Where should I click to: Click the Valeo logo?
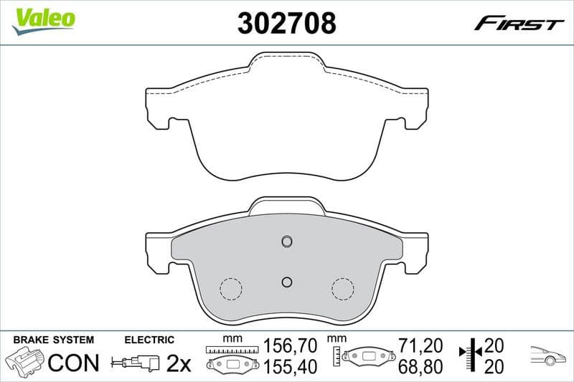tap(43, 19)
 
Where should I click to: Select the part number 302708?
tap(286, 24)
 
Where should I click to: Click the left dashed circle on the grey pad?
tap(231, 288)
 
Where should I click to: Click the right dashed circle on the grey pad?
tap(343, 288)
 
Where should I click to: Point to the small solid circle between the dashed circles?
tap(286, 281)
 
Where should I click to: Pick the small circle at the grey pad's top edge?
tap(286, 240)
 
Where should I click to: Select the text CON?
tap(73, 363)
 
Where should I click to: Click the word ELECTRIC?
tap(149, 340)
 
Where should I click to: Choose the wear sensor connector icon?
tap(137, 363)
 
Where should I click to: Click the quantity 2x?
tap(178, 364)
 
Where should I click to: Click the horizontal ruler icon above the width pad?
tap(230, 349)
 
